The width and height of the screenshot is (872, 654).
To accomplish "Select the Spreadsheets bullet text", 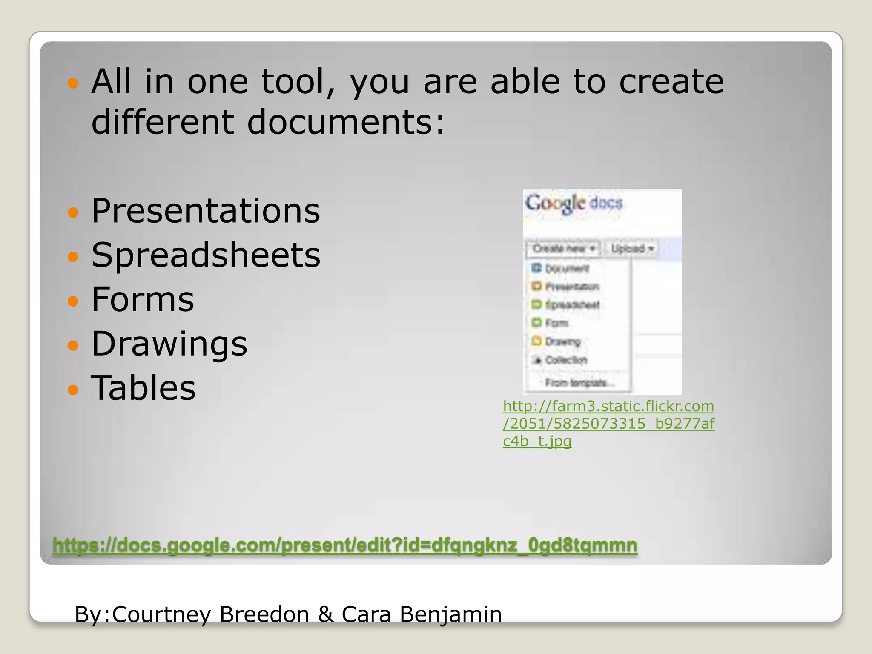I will (206, 255).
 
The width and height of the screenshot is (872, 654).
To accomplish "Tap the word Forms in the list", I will (143, 299).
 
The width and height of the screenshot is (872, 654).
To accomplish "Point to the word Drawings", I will (169, 344).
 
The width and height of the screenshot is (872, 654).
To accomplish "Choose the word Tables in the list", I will (143, 388).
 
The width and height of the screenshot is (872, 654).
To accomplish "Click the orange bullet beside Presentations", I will (73, 212).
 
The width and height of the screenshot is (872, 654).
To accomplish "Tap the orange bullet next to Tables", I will (73, 389).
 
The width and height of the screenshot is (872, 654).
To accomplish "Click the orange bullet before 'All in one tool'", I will (73, 83).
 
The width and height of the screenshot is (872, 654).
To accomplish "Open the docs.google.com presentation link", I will (345, 545).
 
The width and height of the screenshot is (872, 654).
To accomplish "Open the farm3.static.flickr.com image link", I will (608, 423).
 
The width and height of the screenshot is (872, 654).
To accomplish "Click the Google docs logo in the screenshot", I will (574, 203).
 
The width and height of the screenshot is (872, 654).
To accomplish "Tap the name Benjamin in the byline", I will (451, 614).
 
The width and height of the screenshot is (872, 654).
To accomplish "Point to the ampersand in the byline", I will (326, 614).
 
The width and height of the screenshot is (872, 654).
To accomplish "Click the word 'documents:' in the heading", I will (346, 122).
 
